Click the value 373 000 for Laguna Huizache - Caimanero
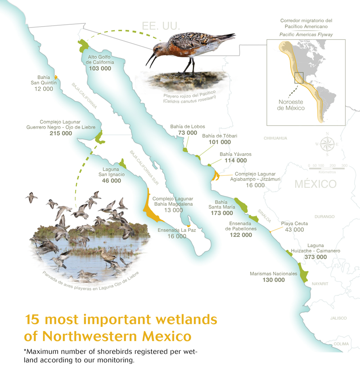(315, 257)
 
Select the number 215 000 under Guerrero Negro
(61, 133)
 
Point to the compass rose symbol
(328, 144)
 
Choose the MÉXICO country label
(315, 184)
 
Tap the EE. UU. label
(161, 26)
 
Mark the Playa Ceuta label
(294, 223)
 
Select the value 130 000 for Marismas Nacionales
(274, 280)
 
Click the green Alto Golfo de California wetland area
(83, 45)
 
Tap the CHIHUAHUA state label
(275, 138)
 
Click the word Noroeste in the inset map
(291, 102)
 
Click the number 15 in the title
(34, 320)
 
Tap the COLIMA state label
(340, 344)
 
